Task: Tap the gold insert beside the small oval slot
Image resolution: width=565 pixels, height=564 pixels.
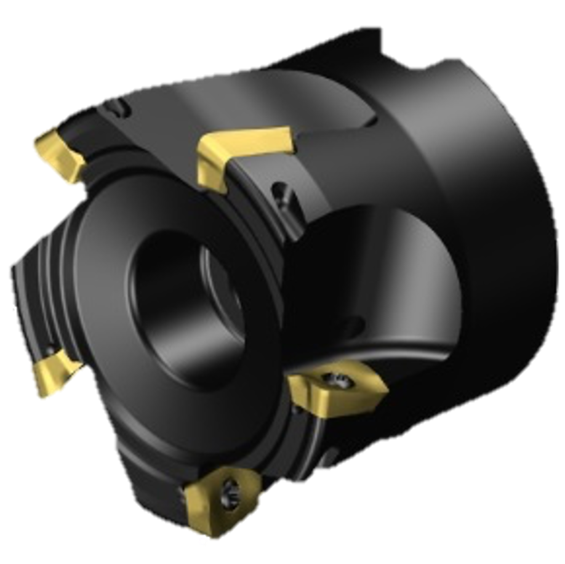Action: tap(58, 151)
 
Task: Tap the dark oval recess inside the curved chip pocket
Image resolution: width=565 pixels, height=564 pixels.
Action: tap(351, 323)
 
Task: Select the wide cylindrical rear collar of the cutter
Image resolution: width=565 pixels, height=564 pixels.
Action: tap(468, 185)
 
